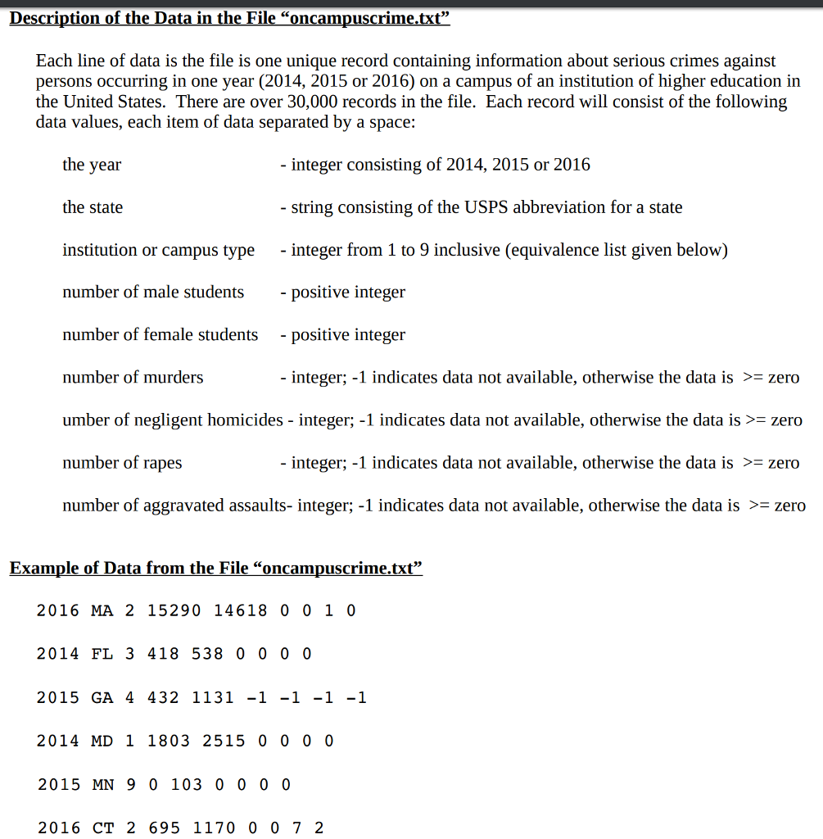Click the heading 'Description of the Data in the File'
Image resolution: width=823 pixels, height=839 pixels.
tap(229, 18)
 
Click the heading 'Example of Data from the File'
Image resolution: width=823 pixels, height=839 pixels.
tap(216, 568)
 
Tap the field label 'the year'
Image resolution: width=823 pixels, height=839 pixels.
tap(92, 165)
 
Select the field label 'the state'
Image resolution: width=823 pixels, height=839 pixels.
tap(93, 207)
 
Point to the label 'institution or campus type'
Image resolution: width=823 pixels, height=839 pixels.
tap(158, 250)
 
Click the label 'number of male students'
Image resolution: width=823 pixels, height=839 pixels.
tap(153, 293)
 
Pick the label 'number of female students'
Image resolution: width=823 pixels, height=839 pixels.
tap(160, 335)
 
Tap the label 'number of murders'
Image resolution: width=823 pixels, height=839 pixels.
tap(133, 378)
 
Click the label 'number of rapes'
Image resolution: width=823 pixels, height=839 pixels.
tap(122, 463)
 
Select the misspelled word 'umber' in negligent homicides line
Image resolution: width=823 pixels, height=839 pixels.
tap(84, 420)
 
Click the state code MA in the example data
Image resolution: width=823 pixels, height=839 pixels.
tap(102, 610)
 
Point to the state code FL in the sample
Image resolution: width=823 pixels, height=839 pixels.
tap(102, 654)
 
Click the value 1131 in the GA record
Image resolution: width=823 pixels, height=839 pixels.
tap(213, 698)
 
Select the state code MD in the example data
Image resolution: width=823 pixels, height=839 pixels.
tap(102, 741)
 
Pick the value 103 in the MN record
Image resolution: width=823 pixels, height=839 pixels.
tap(186, 784)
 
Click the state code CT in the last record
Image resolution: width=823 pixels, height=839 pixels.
tap(103, 828)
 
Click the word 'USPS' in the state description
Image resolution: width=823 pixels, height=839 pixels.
tap(486, 207)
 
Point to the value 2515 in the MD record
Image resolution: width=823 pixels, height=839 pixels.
tap(224, 741)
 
